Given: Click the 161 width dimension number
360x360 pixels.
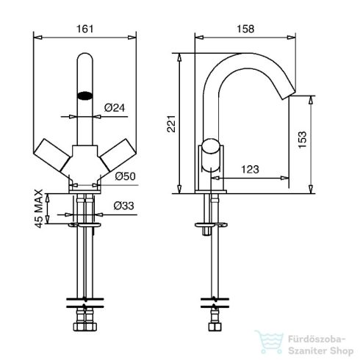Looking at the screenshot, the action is coord(85,29).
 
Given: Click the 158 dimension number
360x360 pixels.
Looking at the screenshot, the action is coord(245,29).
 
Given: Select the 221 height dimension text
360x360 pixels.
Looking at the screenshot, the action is coord(171,124).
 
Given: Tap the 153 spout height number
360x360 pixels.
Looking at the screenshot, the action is coord(303,140).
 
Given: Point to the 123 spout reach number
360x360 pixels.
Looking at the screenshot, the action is coord(250,169).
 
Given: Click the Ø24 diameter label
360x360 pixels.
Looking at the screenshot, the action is coord(115,107).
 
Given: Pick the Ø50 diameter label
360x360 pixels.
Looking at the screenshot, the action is coord(125,176).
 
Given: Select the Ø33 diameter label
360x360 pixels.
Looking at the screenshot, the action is coord(123,206).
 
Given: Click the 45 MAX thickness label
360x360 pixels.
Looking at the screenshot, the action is coord(39,209).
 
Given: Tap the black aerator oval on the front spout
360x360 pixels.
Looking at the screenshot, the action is coord(85,96).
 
